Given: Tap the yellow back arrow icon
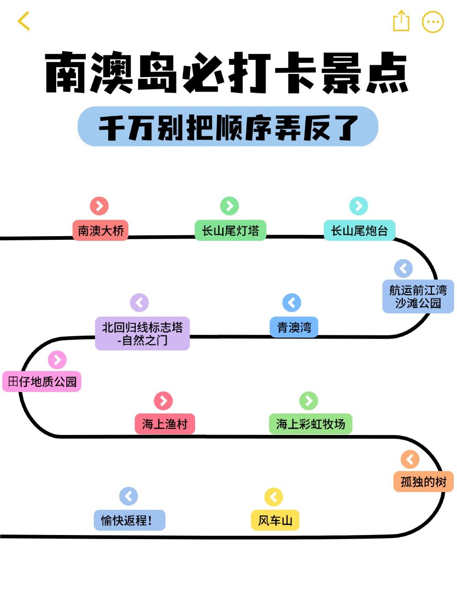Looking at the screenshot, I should point(24,21).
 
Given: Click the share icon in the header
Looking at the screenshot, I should point(401,21).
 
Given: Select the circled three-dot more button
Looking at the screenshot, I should point(432,21).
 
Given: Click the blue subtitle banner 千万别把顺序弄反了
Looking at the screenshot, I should point(228,127).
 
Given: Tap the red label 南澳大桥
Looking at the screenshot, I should point(101,230).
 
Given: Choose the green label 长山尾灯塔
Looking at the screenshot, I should point(230,230).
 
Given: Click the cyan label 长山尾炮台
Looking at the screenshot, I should point(359,230).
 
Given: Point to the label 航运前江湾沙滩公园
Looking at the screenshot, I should point(418,297).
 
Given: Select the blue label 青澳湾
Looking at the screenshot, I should point(294,327).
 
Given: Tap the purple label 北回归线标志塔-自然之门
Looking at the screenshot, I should point(142,334).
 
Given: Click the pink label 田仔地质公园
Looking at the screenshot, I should point(42,381).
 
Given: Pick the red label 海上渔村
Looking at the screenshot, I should point(165,424).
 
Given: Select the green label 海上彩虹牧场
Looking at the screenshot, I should point(310,424).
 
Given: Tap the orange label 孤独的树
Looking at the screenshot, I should point(423,482).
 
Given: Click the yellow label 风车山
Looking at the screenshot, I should point(275,520).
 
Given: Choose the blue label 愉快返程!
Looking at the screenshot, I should point(129,520).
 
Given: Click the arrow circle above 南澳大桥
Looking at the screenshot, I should point(99,206).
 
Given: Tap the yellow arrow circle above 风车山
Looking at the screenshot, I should point(274,497).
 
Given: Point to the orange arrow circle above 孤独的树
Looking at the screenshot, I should point(410,459).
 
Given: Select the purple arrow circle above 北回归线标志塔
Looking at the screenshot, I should point(139,302).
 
